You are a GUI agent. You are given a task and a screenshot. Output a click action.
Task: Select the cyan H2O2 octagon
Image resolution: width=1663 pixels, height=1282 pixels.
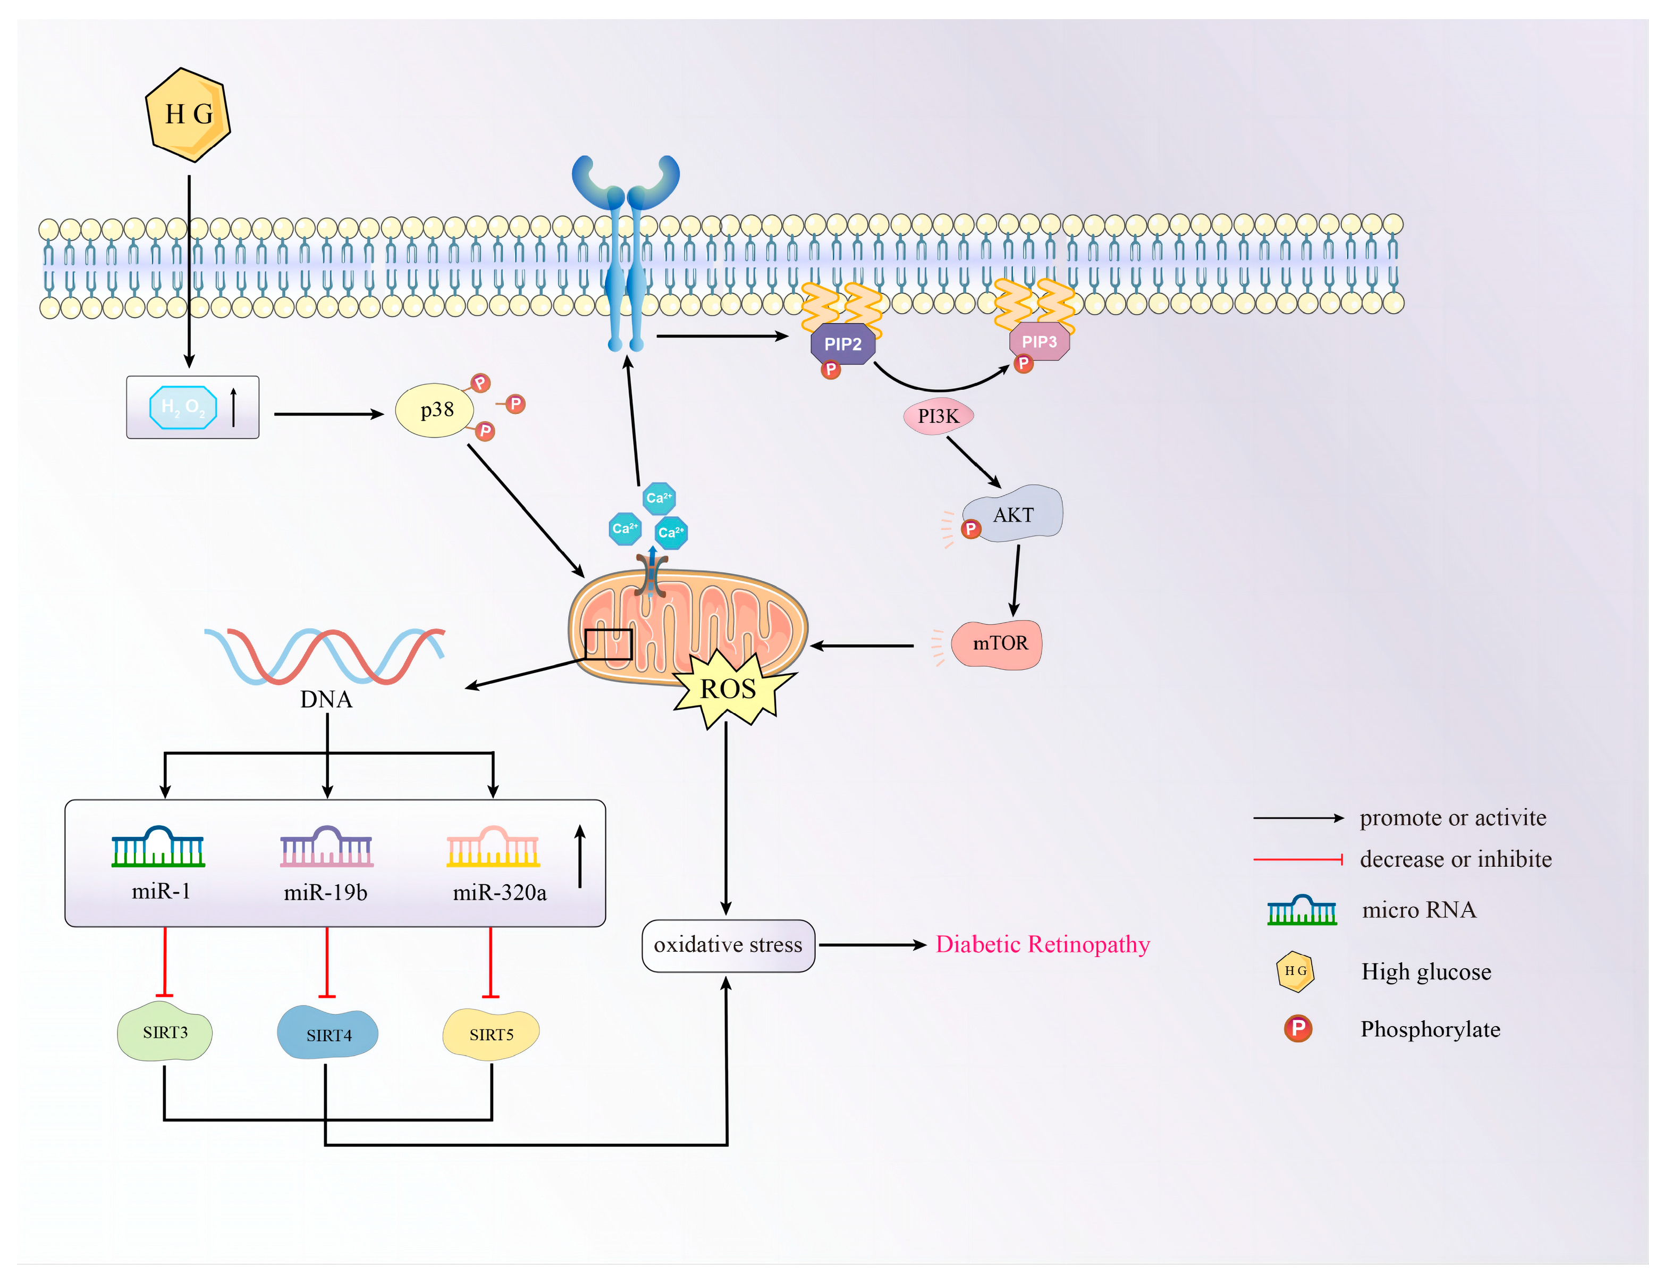point(183,407)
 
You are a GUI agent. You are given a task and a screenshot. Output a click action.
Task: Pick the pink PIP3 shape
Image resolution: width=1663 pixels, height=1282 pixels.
point(1040,341)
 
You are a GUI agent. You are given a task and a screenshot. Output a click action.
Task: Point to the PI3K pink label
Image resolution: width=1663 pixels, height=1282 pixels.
point(938,416)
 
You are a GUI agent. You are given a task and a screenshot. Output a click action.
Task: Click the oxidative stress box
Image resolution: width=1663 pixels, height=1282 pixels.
point(728,945)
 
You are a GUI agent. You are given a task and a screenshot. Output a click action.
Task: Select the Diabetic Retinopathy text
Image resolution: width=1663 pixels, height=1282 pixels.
point(1042,944)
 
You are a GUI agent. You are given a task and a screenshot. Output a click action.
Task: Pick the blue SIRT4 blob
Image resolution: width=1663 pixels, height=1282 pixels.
point(328,1034)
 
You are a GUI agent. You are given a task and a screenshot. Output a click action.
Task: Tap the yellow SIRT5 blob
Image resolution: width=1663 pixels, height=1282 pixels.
point(491,1034)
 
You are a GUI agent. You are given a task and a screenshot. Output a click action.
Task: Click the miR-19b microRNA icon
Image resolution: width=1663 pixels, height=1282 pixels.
point(327,847)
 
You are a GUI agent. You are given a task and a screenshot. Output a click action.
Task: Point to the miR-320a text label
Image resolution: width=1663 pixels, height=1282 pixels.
point(500,893)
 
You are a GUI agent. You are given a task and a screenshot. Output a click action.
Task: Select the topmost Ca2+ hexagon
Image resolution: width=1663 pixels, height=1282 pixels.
point(659,498)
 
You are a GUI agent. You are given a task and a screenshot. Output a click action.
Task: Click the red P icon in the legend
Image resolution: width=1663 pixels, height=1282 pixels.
point(1297,1028)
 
